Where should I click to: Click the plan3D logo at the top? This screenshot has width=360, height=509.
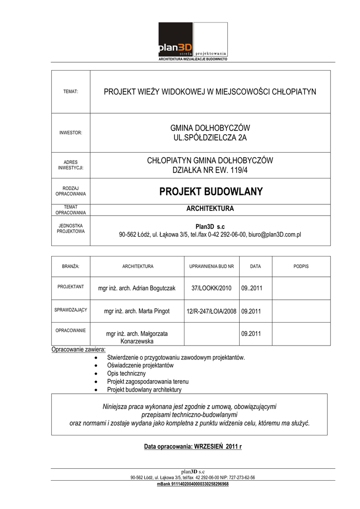[192, 41]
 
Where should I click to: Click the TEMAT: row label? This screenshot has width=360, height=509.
[71, 92]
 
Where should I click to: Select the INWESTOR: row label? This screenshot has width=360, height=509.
[71, 133]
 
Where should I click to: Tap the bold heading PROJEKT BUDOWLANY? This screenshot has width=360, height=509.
[210, 192]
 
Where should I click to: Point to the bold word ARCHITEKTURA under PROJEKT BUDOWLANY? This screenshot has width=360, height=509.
[210, 208]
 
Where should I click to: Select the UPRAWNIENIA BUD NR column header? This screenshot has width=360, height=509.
[211, 266]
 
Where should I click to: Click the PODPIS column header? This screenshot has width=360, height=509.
[301, 266]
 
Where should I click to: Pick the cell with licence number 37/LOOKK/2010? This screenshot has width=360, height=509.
[211, 288]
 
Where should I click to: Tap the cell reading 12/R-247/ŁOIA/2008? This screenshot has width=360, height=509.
[211, 311]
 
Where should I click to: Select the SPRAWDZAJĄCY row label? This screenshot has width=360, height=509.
[71, 310]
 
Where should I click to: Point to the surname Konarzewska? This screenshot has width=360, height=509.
[137, 341]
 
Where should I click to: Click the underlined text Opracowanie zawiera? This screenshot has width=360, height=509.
[79, 349]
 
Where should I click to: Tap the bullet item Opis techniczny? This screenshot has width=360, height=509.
[126, 373]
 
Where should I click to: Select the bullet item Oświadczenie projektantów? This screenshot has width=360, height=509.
[140, 365]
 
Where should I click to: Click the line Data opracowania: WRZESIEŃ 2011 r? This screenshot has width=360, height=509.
[193, 446]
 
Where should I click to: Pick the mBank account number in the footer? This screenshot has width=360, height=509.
[192, 484]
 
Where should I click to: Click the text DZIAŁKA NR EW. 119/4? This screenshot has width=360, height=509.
[210, 170]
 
